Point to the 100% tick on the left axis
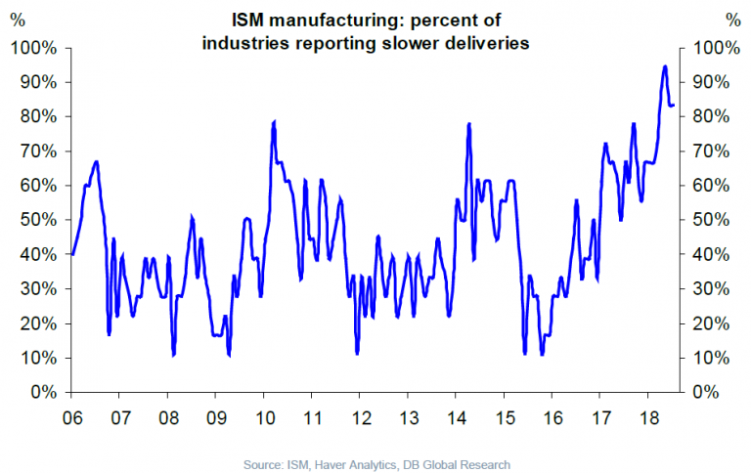[x=37, y=48]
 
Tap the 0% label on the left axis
[x=45, y=392]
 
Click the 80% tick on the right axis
[x=708, y=116]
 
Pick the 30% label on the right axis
[x=708, y=288]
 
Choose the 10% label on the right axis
[x=708, y=358]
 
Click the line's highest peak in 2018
[x=665, y=66]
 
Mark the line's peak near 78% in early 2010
[x=274, y=122]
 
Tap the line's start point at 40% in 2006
[x=72, y=254]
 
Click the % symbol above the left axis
[x=18, y=18]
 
